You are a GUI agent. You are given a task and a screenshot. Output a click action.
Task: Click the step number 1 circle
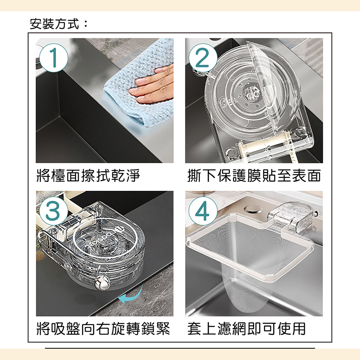pyautogui.click(x=54, y=58)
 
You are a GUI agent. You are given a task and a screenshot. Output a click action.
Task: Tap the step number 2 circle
pyautogui.click(x=203, y=58)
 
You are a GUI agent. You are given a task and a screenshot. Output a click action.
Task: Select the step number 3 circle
pyautogui.click(x=54, y=211)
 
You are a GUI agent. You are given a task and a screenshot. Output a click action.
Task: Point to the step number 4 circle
pyautogui.click(x=203, y=211)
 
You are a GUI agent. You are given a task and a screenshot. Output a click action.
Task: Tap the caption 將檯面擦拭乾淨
pyautogui.click(x=88, y=176)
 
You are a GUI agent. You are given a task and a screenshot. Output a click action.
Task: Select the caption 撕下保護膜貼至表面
pyautogui.click(x=254, y=176)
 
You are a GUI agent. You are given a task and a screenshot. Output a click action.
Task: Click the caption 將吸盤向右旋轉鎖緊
pyautogui.click(x=103, y=328)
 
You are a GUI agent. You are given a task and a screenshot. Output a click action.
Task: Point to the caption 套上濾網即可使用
pyautogui.click(x=246, y=328)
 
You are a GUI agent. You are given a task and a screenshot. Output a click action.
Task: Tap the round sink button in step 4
pyautogui.click(x=252, y=209)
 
